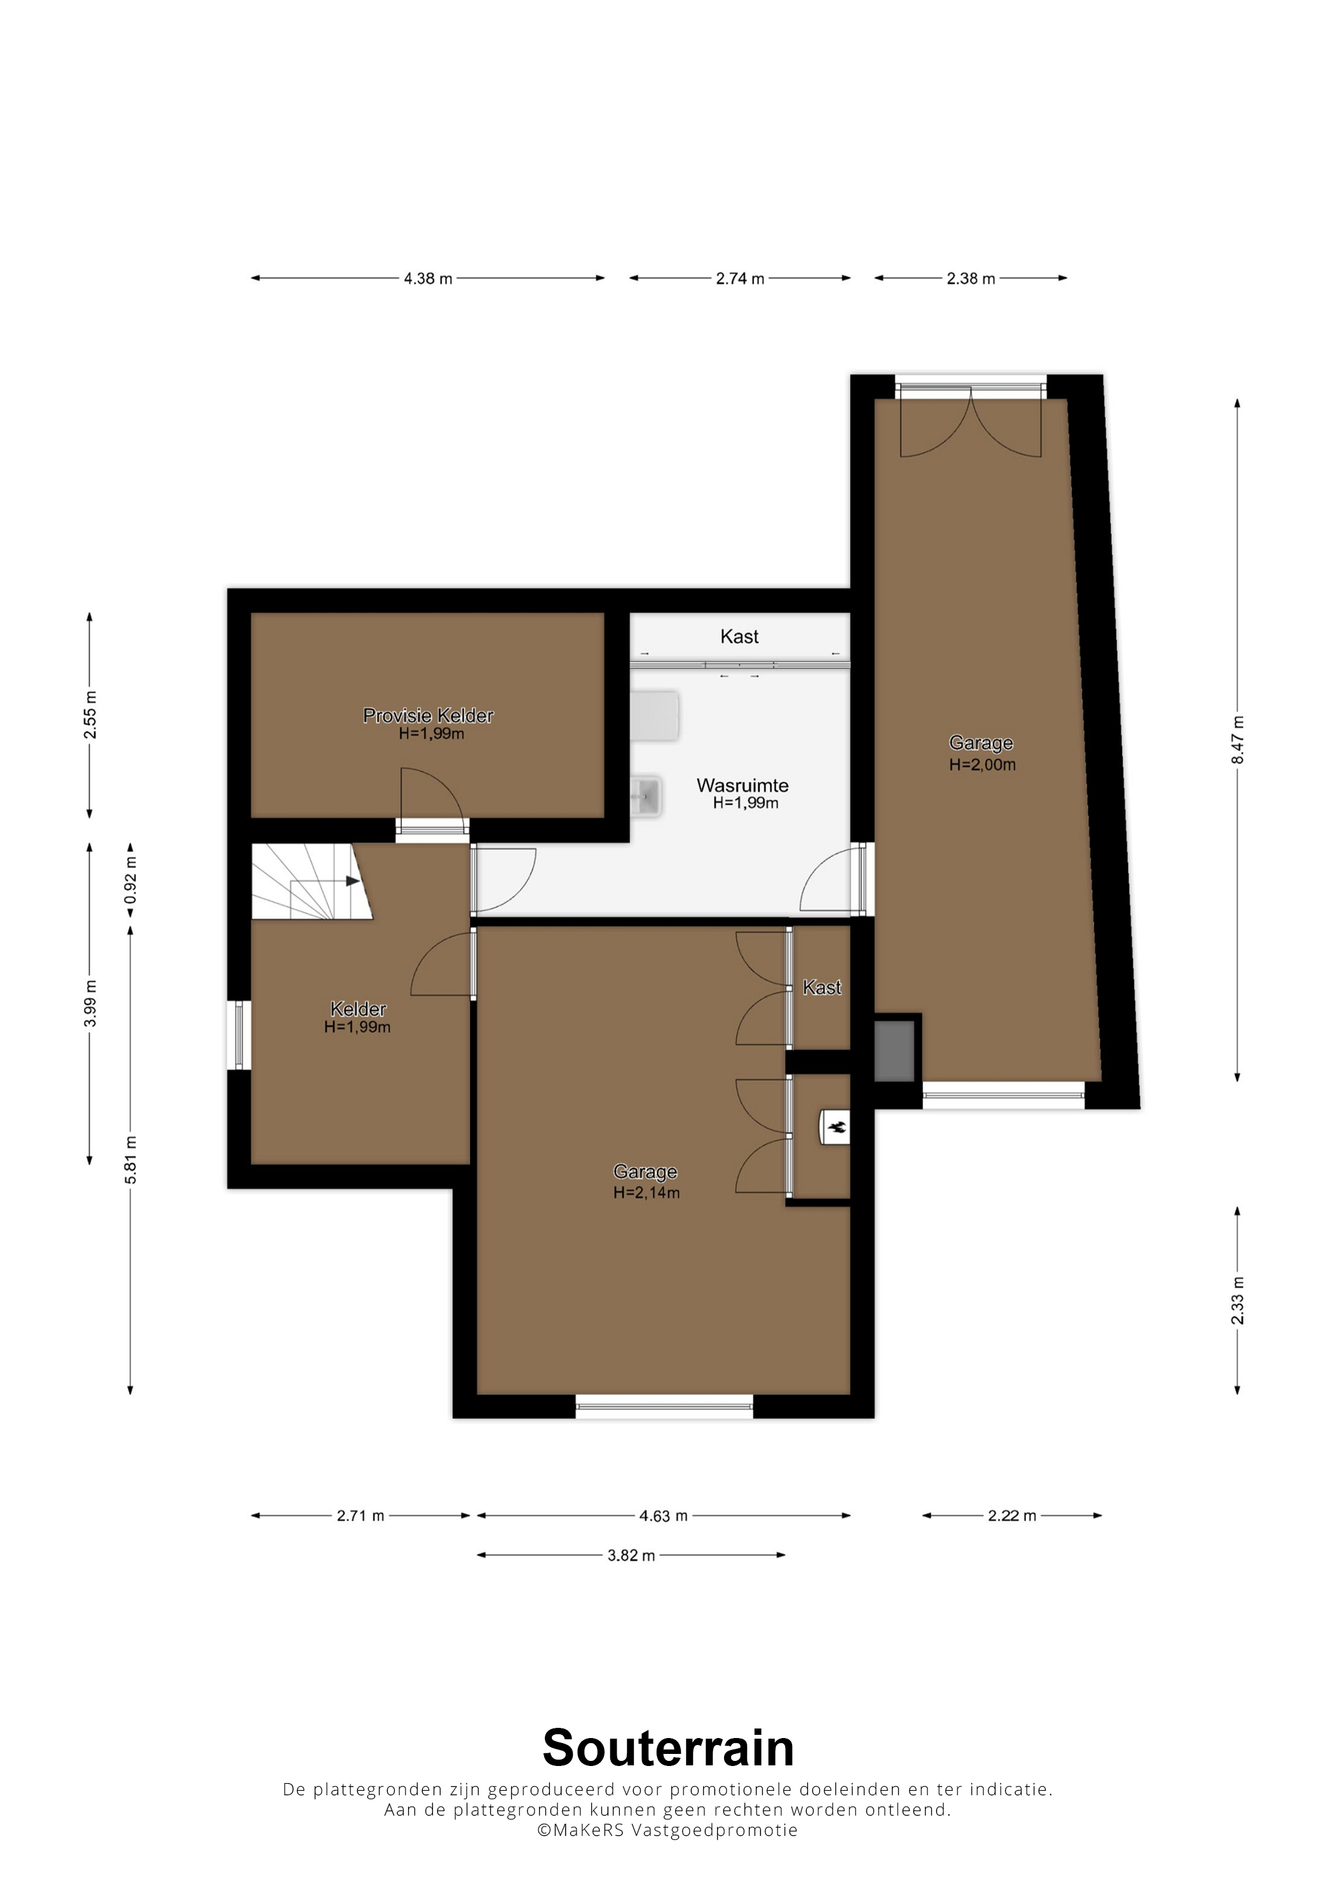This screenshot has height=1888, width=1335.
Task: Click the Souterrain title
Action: [668, 1748]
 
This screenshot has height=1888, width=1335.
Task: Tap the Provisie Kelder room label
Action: [428, 716]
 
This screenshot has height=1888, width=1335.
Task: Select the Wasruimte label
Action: [743, 785]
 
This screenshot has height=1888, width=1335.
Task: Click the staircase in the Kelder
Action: [311, 881]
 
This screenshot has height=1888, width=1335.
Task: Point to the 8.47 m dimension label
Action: [1238, 740]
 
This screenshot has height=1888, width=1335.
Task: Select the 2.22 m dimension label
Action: [1011, 1516]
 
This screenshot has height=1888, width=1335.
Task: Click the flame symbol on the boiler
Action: [837, 1127]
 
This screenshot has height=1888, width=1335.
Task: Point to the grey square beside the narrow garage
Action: [894, 1051]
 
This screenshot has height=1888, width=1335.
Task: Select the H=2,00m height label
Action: [982, 764]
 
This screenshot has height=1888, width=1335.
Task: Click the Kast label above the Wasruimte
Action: [739, 637]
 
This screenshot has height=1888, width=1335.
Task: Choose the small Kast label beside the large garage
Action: [822, 988]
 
